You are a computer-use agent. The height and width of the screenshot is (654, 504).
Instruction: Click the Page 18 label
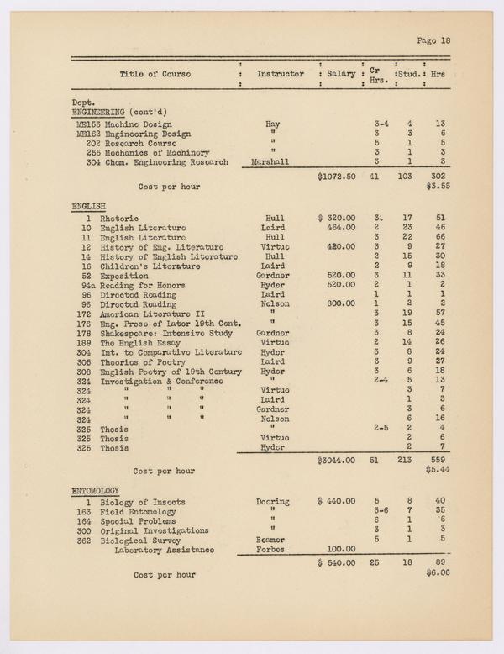click(433, 40)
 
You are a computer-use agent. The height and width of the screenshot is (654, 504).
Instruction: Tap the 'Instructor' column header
click(280, 74)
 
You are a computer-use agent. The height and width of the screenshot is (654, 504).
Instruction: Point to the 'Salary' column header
click(341, 74)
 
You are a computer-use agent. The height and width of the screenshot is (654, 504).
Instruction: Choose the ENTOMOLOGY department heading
click(95, 490)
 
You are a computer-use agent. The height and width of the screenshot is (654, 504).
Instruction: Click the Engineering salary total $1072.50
click(338, 177)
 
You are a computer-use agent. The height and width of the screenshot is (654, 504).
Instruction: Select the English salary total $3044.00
click(338, 461)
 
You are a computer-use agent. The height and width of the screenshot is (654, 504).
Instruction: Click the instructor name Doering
click(272, 502)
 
